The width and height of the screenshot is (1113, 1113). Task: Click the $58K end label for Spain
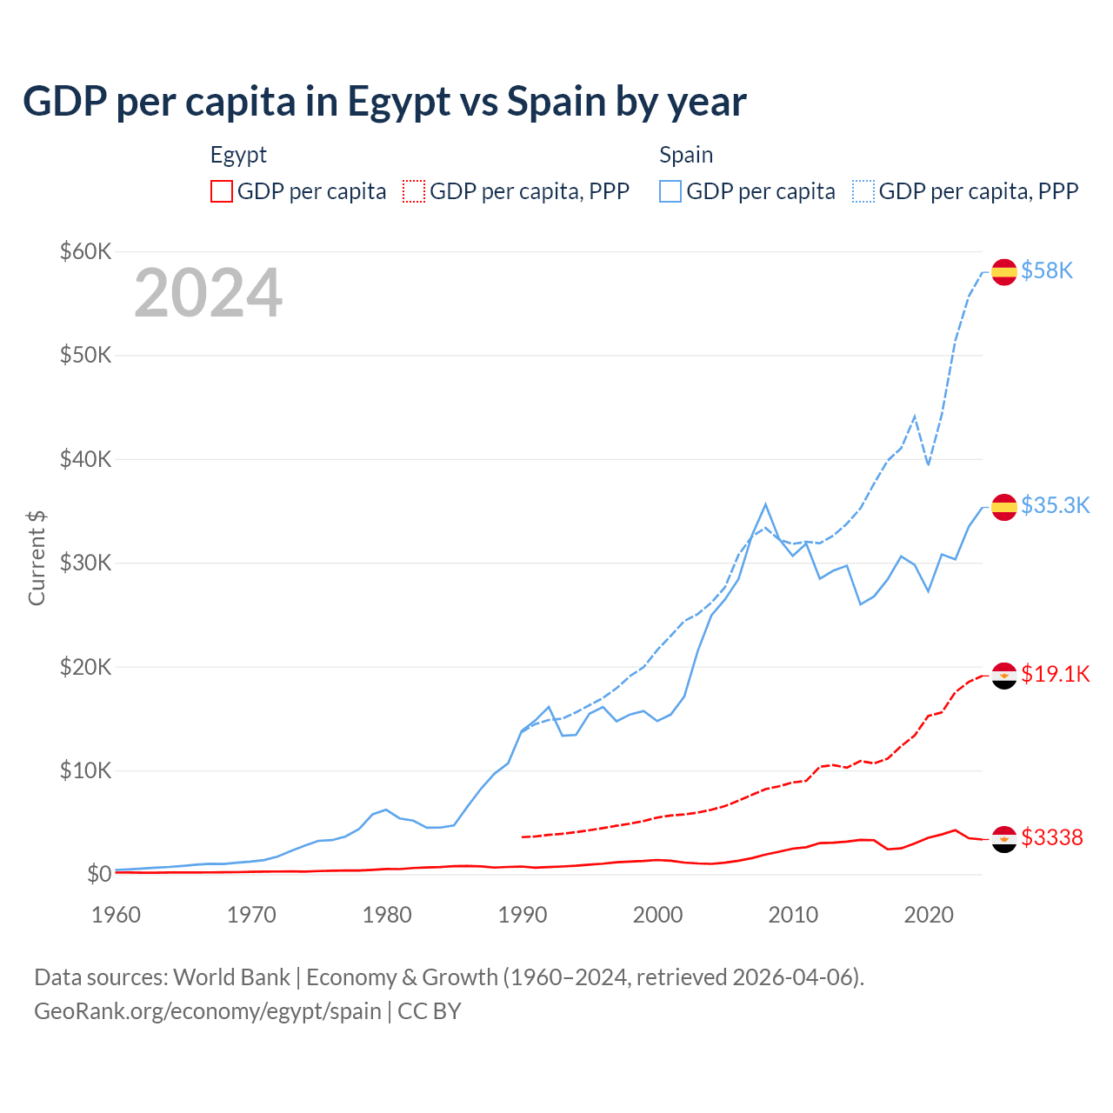pyautogui.click(x=1047, y=271)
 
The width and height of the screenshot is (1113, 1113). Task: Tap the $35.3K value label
pyautogui.click(x=1055, y=506)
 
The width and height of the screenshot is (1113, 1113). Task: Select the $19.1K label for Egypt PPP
pyautogui.click(x=1055, y=675)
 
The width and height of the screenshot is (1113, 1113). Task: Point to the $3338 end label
pyautogui.click(x=1052, y=837)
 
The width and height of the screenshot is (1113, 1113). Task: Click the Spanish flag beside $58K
pyautogui.click(x=1004, y=272)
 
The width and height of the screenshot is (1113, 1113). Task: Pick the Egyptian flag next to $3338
pyautogui.click(x=1004, y=839)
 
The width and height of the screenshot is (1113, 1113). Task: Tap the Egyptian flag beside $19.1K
pyautogui.click(x=1004, y=676)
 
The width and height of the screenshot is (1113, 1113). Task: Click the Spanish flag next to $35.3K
pyautogui.click(x=1004, y=507)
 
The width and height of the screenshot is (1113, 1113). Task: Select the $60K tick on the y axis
pyautogui.click(x=85, y=252)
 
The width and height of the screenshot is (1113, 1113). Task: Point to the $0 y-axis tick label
pyautogui.click(x=99, y=874)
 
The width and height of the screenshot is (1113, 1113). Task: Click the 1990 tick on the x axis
pyautogui.click(x=523, y=915)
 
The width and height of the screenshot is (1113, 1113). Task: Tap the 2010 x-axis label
pyautogui.click(x=793, y=915)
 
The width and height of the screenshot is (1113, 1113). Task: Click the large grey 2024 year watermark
pyautogui.click(x=209, y=294)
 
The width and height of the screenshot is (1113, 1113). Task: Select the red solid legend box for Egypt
pyautogui.click(x=222, y=191)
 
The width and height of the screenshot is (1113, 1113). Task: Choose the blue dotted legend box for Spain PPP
pyautogui.click(x=863, y=191)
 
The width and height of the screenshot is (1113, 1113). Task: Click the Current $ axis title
pyautogui.click(x=37, y=558)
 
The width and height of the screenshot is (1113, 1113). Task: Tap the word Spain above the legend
pyautogui.click(x=686, y=155)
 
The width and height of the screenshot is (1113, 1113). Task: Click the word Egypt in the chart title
pyautogui.click(x=399, y=102)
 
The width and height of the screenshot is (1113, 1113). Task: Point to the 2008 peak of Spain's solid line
pyautogui.click(x=765, y=504)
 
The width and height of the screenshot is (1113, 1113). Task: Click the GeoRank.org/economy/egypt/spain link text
pyautogui.click(x=208, y=1011)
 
